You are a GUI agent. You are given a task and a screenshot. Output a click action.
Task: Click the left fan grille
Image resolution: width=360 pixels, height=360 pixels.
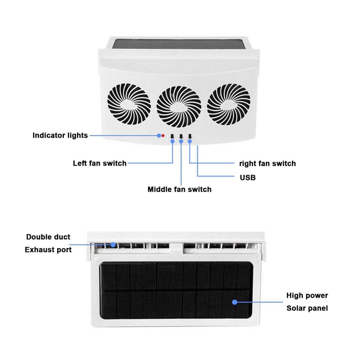coord(129,104)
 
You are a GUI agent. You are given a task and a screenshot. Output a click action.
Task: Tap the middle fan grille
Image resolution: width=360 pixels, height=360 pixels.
coord(179,106)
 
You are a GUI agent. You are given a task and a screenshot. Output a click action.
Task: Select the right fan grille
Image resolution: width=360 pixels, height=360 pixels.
coord(229,104)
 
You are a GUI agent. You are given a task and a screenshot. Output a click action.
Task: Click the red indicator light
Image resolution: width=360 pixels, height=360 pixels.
coord(163,136)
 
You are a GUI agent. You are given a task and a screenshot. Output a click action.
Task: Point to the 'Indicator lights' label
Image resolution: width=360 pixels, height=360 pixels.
coord(60,135)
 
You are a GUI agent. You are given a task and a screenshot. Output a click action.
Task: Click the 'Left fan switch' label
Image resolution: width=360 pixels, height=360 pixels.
coord(100,163)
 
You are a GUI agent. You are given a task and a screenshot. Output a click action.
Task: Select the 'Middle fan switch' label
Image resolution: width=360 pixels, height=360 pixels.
coord(180,189)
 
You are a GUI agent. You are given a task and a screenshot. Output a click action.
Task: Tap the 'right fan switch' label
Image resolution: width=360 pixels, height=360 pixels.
coord(267,163)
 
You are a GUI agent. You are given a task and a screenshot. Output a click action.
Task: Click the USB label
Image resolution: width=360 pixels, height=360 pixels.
coord(248,177)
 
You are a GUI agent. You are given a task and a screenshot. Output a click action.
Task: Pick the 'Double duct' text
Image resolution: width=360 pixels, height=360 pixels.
coord(48,237)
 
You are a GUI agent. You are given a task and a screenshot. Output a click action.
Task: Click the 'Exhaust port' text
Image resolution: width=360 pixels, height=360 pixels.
coord(48,249)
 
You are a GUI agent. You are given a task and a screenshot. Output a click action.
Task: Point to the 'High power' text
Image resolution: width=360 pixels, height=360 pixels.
coord(307,295)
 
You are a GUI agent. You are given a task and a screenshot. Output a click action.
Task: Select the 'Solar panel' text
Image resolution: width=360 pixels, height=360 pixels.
coord(307,308)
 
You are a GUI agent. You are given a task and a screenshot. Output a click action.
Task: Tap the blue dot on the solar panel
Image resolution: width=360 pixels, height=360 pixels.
coord(234,302)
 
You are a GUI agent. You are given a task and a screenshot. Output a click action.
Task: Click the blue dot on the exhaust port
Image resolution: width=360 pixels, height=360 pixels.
coord(113,245)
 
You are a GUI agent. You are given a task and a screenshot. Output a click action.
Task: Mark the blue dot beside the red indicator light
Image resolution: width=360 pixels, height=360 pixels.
coord(159,136)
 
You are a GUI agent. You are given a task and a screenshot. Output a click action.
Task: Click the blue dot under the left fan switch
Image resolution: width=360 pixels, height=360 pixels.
coord(172,141)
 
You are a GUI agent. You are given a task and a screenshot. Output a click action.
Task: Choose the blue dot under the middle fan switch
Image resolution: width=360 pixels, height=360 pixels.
coord(181,141)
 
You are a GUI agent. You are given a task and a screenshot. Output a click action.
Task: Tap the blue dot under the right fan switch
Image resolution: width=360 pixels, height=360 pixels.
coord(190,141)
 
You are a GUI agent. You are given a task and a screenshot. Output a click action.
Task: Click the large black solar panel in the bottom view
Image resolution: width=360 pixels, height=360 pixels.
coord(176,291)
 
